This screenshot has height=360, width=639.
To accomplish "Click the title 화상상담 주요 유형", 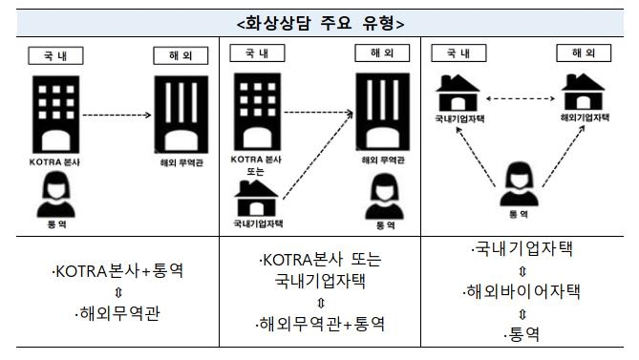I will pos(319,21).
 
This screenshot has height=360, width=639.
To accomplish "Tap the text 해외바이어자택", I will pos(523,291).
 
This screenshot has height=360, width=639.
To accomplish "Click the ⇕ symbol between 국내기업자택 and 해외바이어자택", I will pos(522,270).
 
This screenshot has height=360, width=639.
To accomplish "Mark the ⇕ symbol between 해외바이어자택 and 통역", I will pos(522,312).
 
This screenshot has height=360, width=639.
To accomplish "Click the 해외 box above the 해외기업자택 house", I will pos(583,53).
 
